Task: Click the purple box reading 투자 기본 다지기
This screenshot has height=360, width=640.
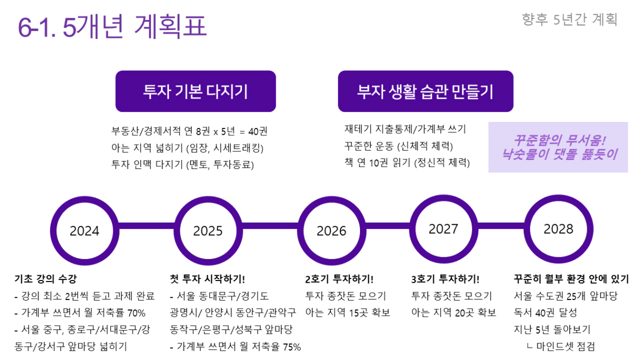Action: [x=196, y=91]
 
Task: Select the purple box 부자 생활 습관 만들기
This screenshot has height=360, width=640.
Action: [x=426, y=91]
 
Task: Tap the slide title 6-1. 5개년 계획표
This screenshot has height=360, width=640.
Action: [x=112, y=26]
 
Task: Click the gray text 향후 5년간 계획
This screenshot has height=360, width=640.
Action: [x=569, y=19]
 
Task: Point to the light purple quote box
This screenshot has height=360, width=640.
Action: [x=558, y=147]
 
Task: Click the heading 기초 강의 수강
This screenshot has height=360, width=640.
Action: [x=46, y=279]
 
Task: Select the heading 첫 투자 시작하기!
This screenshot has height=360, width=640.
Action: [x=207, y=279]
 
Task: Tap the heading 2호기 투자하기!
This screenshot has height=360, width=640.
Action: [x=339, y=279]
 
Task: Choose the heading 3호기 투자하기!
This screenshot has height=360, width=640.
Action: [x=445, y=279]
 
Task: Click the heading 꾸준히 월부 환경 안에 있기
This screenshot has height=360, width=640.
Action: [x=572, y=279]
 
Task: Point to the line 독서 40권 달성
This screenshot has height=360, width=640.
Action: [x=545, y=313]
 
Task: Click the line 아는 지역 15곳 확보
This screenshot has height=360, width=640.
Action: [x=348, y=313]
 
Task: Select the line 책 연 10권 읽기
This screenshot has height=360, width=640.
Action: [x=407, y=163]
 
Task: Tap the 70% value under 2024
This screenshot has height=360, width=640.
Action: [x=136, y=313]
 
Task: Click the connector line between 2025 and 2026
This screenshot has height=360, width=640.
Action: [x=270, y=226]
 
